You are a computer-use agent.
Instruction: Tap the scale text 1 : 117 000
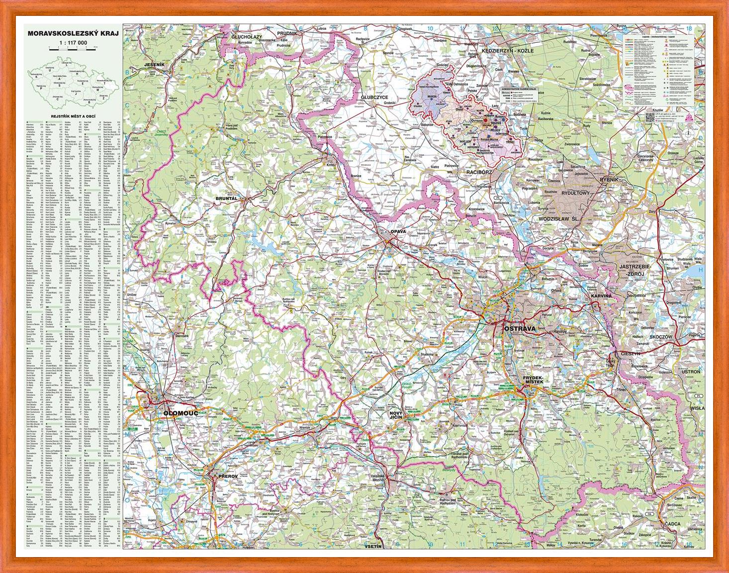tap(73, 43)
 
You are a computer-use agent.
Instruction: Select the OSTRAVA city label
tap(520, 329)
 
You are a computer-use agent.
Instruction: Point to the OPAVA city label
tap(398, 232)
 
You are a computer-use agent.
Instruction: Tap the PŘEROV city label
tap(229, 477)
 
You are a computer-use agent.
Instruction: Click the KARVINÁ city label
tap(601, 296)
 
